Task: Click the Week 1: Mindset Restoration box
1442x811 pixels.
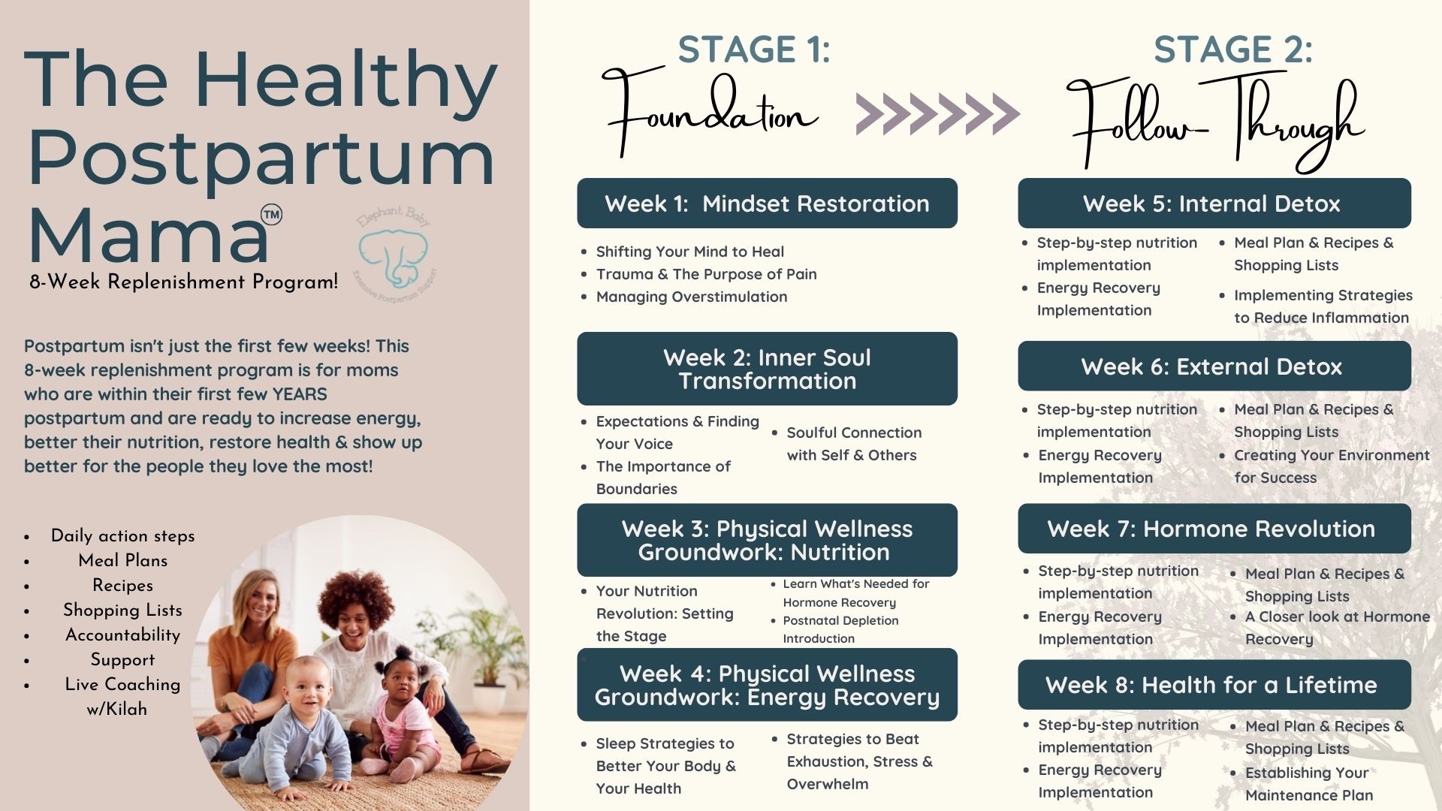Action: coord(767,203)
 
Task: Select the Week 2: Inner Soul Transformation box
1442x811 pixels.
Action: coord(767,369)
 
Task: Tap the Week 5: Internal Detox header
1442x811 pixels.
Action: coord(1214,203)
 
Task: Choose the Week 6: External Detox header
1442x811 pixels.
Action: coord(1214,366)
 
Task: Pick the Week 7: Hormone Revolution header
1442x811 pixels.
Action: coord(1214,529)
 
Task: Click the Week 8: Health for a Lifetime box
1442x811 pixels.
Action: coord(1214,685)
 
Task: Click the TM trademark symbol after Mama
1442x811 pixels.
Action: coord(271,215)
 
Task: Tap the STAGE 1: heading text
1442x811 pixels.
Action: coord(754,50)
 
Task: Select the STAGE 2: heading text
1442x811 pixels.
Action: coord(1233,50)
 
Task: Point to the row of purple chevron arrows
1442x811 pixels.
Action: coord(938,114)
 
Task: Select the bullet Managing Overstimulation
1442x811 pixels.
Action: coord(692,297)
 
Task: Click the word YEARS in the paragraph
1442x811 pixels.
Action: coord(300,394)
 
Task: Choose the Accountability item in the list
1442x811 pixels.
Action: coord(123,635)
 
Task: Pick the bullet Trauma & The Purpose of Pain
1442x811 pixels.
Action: coord(706,274)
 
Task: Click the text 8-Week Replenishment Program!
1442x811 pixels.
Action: coord(184,282)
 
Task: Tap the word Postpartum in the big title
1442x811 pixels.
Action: coord(261,158)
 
